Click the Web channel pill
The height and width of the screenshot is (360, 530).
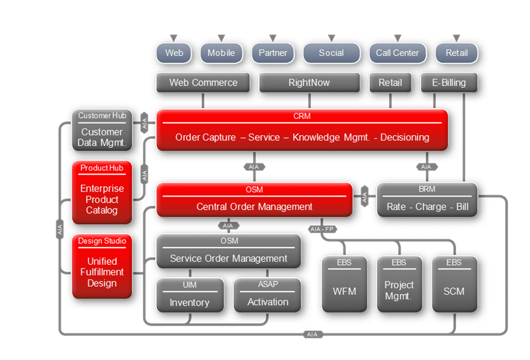pos(174,53)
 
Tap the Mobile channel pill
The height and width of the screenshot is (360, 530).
pos(221,53)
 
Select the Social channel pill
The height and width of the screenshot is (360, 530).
pos(331,53)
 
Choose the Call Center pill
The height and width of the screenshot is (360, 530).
pos(397,53)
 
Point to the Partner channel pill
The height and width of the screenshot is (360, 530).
pos(273,53)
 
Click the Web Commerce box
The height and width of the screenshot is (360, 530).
pos(203,83)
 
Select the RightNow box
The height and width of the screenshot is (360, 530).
pos(309,83)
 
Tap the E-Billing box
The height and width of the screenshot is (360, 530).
pos(449,83)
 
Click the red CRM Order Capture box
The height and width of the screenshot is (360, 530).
pos(302,130)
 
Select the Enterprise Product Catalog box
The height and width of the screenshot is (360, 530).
pos(102,192)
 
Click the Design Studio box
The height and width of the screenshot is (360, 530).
pos(102,266)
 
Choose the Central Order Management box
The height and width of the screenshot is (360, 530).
pos(254,200)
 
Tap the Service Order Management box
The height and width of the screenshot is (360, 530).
pos(228,251)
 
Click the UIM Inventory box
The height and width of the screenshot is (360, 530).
pos(189,295)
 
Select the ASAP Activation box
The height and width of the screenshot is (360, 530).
pos(267,295)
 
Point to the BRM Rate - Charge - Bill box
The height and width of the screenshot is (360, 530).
pos(427,200)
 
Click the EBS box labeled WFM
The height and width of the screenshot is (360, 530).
pos(344,284)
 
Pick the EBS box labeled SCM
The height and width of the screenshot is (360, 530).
pos(454,284)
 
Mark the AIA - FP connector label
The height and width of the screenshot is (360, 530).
pos(322,229)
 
